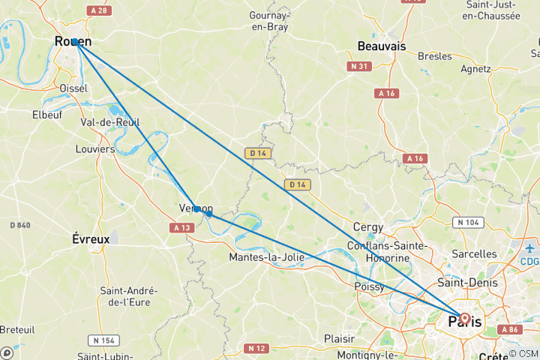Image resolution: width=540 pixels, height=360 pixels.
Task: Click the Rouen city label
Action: coord(73,43)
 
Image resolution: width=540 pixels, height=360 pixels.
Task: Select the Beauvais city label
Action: coord(382,46)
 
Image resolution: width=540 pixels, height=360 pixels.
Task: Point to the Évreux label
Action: coord(91,239)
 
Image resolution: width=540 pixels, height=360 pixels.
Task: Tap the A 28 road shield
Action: coord(97,10)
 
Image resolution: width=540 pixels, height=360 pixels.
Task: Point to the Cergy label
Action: coord(369,227)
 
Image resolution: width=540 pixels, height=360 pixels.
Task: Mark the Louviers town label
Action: coord(95,149)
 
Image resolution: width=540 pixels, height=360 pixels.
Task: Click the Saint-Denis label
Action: coord(464,283)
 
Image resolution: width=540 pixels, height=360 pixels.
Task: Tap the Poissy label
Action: coord(369,287)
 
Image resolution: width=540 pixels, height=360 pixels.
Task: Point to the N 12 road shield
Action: coord(255,348)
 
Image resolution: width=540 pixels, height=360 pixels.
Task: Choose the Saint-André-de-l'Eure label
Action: coord(129,297)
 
